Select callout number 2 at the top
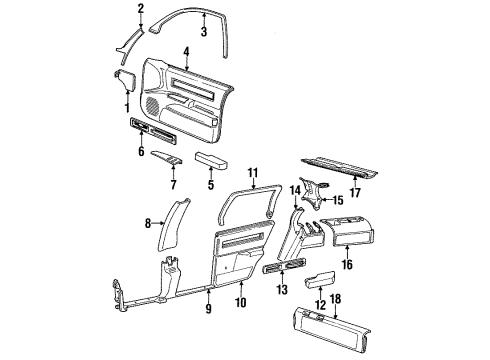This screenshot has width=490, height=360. coord(141,9)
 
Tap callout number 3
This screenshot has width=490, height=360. coord(203,31)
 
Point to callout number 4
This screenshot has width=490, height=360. coord(187,51)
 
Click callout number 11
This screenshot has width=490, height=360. coord(252,172)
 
